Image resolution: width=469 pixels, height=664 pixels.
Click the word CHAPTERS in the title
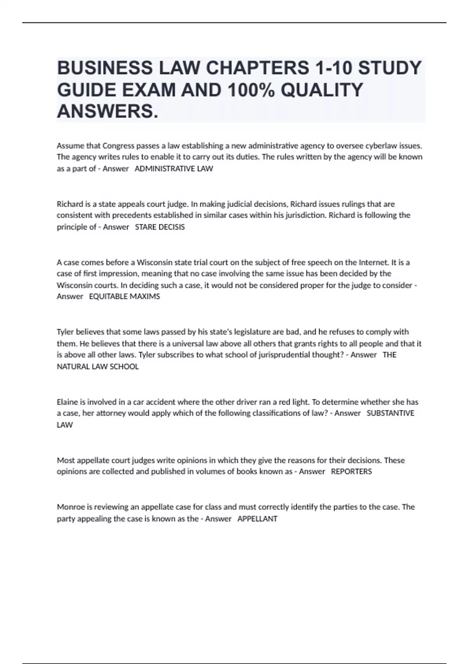pyautogui.click(x=257, y=68)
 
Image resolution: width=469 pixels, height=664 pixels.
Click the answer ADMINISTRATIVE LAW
pyautogui.click(x=174, y=169)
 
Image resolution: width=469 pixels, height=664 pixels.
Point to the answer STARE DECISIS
pyautogui.click(x=159, y=227)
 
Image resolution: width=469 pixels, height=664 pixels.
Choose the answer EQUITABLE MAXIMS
pyautogui.click(x=124, y=296)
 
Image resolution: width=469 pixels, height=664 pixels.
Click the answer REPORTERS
pyautogui.click(x=351, y=471)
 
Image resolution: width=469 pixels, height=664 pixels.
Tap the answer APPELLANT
pyautogui.click(x=257, y=519)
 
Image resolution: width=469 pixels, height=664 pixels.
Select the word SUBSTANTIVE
pyautogui.click(x=390, y=413)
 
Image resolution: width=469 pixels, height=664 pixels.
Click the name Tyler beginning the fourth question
pyautogui.click(x=65, y=332)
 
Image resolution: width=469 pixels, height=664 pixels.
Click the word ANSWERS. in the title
pyautogui.click(x=108, y=112)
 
